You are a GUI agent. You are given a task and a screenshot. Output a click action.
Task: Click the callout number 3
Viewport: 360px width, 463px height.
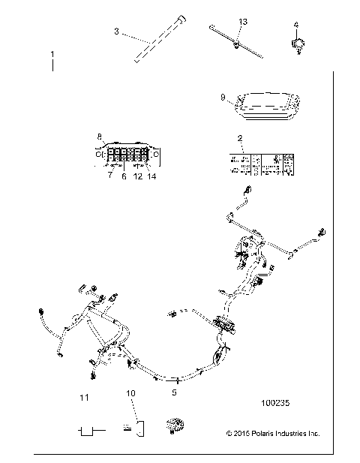click(117, 31)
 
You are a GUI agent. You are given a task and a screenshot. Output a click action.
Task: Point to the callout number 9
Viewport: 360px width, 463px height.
click(223, 97)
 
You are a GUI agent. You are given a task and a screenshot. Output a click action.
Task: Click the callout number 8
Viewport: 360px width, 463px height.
click(99, 136)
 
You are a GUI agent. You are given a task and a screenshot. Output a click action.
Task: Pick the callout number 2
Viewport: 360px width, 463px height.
click(239, 138)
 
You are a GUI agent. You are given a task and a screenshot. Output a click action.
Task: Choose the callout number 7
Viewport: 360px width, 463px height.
click(109, 176)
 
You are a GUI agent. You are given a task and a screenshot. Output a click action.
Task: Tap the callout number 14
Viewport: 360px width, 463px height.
click(152, 176)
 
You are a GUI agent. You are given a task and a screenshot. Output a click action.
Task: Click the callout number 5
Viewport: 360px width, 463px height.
click(175, 391)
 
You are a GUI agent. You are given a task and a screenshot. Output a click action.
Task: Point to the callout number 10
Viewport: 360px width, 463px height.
click(130, 392)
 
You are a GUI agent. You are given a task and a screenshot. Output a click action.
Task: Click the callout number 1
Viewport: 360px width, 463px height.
click(52, 56)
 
